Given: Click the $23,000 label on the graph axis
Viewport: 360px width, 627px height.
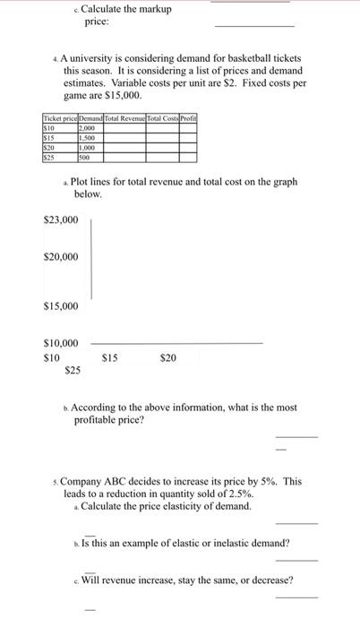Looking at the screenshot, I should [x=61, y=219].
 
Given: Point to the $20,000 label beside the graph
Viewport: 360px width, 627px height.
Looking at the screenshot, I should [x=61, y=258].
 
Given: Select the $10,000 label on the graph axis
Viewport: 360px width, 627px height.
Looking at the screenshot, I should [x=61, y=343].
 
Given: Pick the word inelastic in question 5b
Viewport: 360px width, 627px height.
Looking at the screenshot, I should [x=209, y=543].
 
